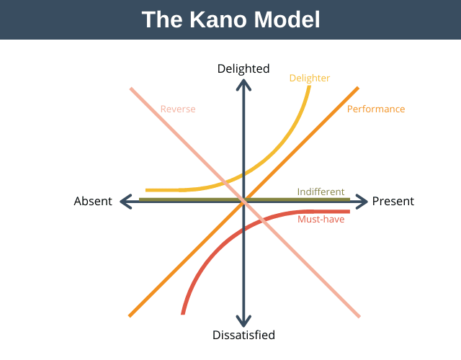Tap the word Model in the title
[285, 19]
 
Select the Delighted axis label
[243, 69]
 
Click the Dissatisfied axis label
[243, 335]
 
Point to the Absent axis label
[93, 202]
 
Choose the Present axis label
[393, 202]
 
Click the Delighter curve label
[309, 78]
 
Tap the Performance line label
[376, 109]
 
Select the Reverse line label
[178, 109]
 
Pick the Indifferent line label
[321, 192]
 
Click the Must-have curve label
[321, 219]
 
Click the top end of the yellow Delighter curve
[310, 87]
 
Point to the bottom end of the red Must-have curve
[184, 312]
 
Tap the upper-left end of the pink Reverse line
[132, 89]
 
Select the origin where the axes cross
[244, 202]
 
